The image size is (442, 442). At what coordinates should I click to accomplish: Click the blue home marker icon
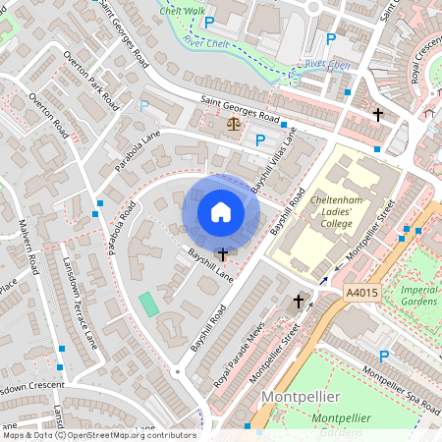coord(221,212)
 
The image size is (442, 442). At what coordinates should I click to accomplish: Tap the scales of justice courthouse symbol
coord(233,124)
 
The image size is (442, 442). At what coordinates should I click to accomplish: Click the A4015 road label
coord(362,293)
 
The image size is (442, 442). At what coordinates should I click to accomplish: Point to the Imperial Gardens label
coord(419,296)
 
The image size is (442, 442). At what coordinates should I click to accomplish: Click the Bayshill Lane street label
coord(211,265)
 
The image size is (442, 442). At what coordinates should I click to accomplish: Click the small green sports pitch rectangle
coord(147,304)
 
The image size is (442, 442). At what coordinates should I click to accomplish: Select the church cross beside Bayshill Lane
coord(223,253)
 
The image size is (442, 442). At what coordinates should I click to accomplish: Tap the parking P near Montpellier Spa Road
coord(383,358)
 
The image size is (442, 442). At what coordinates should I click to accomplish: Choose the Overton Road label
coord(48,116)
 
